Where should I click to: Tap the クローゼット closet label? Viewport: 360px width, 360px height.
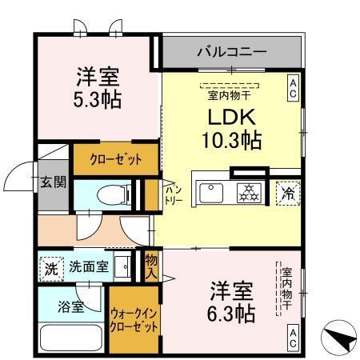(x=108, y=159)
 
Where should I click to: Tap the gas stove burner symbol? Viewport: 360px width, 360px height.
(x=249, y=192)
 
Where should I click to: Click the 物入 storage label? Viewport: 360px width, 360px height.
(x=150, y=265)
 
